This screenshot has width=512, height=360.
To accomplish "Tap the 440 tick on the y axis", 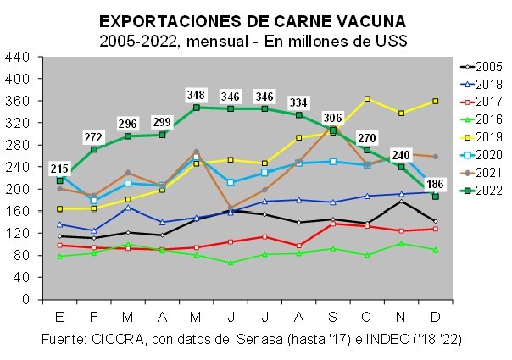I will coord(16,57).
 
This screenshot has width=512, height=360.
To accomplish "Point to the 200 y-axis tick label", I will coord(16,189).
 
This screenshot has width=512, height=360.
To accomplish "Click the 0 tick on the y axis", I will coord(25,300).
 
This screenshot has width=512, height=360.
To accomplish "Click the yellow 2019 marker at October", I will coord(367,99).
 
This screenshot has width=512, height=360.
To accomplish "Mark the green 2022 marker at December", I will coord(436,197).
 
